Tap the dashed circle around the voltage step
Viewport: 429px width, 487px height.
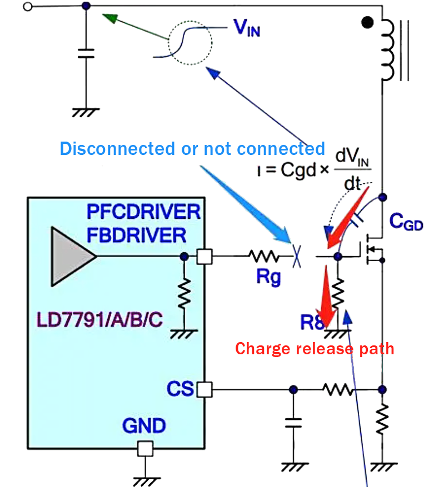(191, 41)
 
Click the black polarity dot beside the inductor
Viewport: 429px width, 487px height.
(367, 23)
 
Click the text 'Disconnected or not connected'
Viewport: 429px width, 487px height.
(192, 149)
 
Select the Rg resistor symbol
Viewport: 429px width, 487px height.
(265, 256)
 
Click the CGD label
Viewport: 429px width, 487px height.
(406, 223)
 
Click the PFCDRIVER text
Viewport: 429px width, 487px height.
(143, 212)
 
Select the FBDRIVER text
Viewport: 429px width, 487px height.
(136, 235)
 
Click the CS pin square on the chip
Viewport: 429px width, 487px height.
(204, 389)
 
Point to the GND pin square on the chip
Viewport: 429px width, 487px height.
(145, 448)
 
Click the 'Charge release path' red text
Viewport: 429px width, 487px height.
(315, 349)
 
